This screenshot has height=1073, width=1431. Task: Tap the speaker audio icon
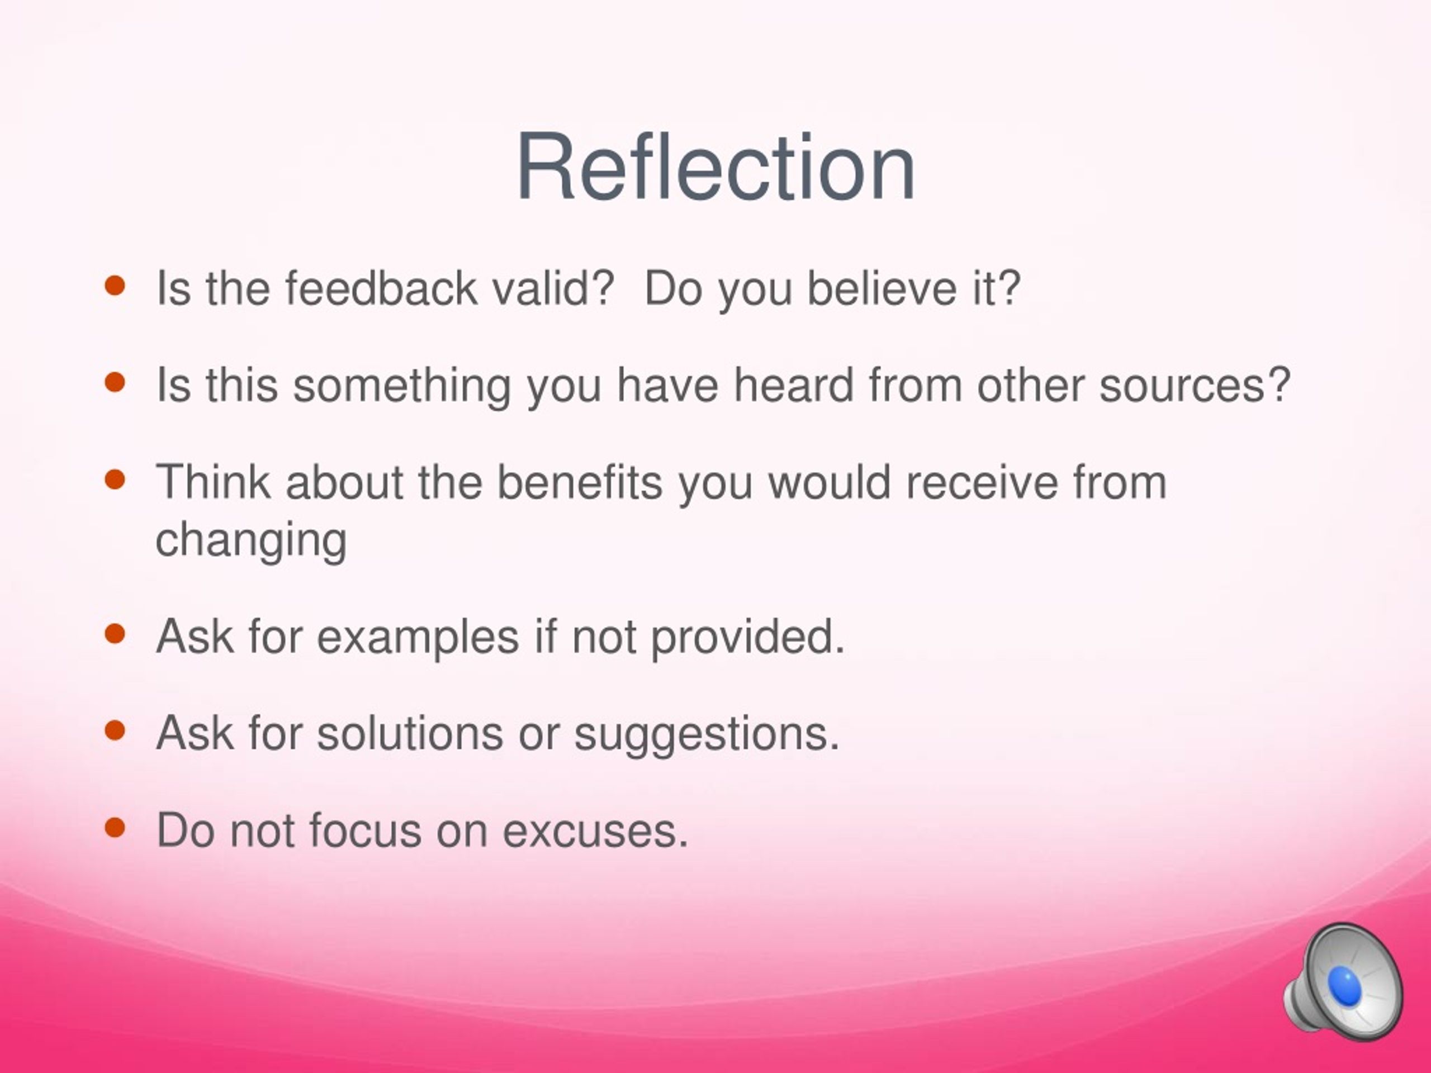(x=1344, y=982)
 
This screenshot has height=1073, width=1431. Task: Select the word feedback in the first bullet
(x=381, y=288)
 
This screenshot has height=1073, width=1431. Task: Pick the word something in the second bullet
(x=402, y=386)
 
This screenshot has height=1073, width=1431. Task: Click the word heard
(x=793, y=385)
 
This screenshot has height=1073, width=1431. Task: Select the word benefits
(x=580, y=482)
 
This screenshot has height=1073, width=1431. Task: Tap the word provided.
(x=747, y=637)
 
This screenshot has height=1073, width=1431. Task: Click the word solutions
(x=410, y=734)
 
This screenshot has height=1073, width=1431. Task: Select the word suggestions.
(x=707, y=735)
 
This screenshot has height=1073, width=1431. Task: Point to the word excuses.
(x=595, y=832)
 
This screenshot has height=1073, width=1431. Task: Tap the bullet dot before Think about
(x=115, y=480)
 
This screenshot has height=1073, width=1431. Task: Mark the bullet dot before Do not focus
(x=115, y=827)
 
